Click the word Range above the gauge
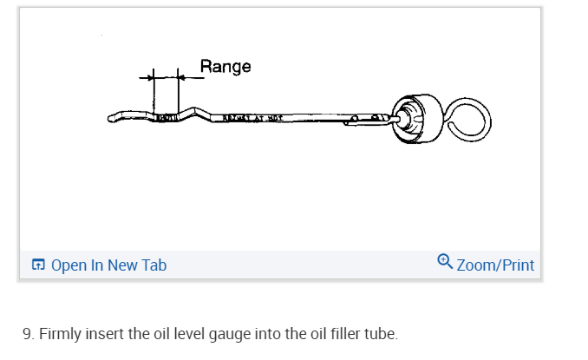tap(225, 66)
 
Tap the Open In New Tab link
tap(108, 265)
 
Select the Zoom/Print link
tap(494, 265)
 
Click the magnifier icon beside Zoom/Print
tap(445, 260)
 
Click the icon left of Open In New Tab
tap(37, 265)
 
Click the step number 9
tap(27, 333)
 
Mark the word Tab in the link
tap(154, 265)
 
